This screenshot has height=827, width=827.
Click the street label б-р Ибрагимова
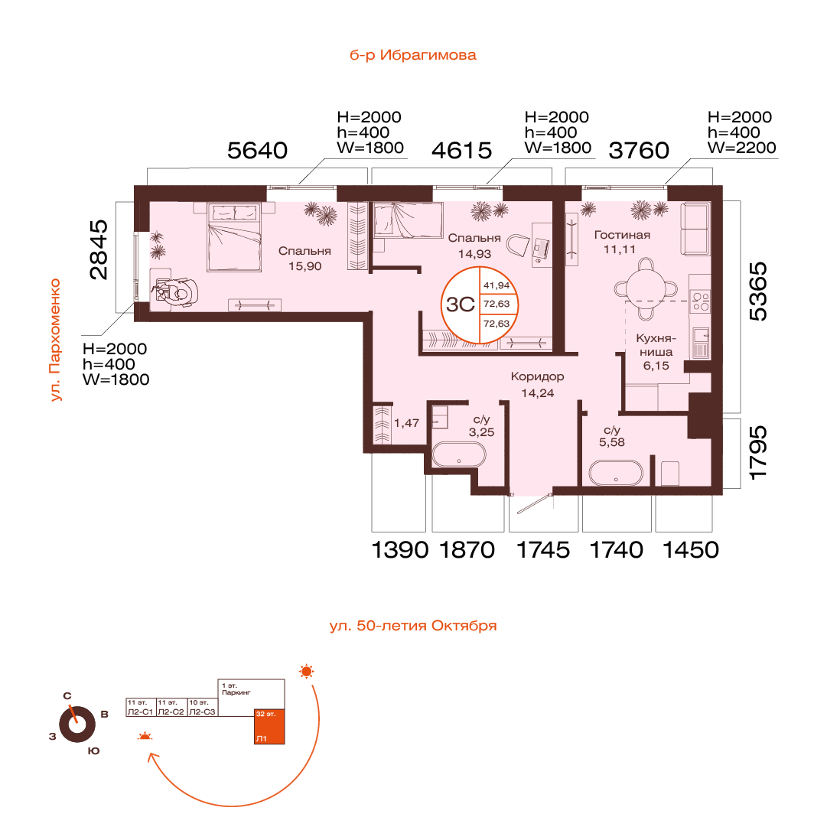(x=413, y=55)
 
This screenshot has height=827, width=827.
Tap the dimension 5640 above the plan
(x=257, y=150)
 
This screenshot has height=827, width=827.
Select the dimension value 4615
(x=461, y=150)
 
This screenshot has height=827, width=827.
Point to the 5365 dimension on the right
(x=758, y=291)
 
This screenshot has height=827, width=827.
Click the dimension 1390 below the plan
(x=400, y=550)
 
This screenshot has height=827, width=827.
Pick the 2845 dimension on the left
(x=99, y=249)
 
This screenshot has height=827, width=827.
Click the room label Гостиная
(x=622, y=235)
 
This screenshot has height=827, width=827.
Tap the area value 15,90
(x=304, y=266)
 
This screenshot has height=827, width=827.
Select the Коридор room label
(x=538, y=376)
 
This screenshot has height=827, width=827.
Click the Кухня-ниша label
(x=656, y=345)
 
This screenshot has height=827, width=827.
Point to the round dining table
(x=646, y=288)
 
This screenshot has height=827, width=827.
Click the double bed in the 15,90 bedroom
(x=235, y=237)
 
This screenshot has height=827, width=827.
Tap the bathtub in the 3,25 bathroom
(x=459, y=454)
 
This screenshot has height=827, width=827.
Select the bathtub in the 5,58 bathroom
(x=616, y=473)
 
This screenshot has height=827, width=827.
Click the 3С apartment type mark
(x=461, y=304)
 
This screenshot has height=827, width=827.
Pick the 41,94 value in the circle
(x=497, y=285)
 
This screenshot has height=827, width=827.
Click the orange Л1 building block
(x=269, y=726)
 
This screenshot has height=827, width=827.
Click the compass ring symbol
(x=77, y=724)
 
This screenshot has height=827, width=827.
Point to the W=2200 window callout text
(x=741, y=148)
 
